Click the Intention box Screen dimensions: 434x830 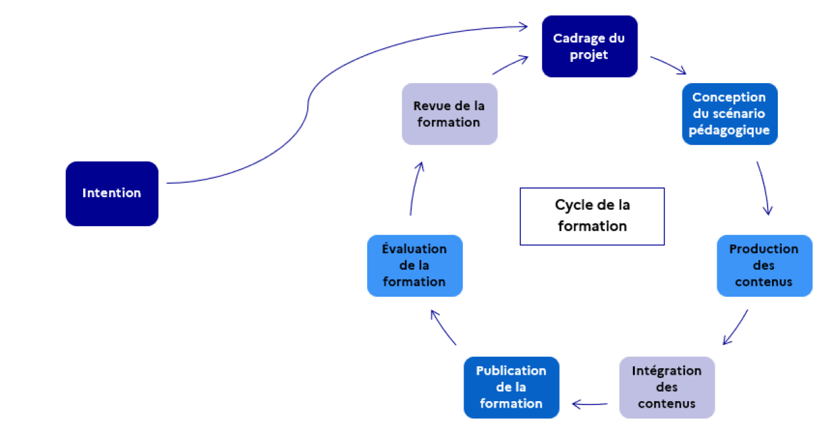tap(111, 193)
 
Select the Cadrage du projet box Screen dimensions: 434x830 tap(589, 46)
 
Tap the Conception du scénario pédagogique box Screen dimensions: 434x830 tap(730, 113)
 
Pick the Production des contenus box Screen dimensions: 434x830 tap(764, 265)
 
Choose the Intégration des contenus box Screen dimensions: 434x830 tap(666, 388)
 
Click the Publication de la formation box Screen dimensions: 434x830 tap(511, 388)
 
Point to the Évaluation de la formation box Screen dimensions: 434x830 tap(414, 265)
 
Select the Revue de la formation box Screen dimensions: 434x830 tap(449, 113)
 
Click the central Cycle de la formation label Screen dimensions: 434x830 tap(592, 216)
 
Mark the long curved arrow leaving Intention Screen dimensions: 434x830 tap(308, 103)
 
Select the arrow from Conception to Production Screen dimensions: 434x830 tap(764, 187)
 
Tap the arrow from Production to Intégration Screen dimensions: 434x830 tap(735, 328)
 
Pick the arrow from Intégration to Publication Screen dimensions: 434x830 tap(589, 404)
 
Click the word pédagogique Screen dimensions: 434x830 tap(730, 130)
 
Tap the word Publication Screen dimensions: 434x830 tap(511, 371)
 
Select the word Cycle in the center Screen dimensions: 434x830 tap(571, 205)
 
